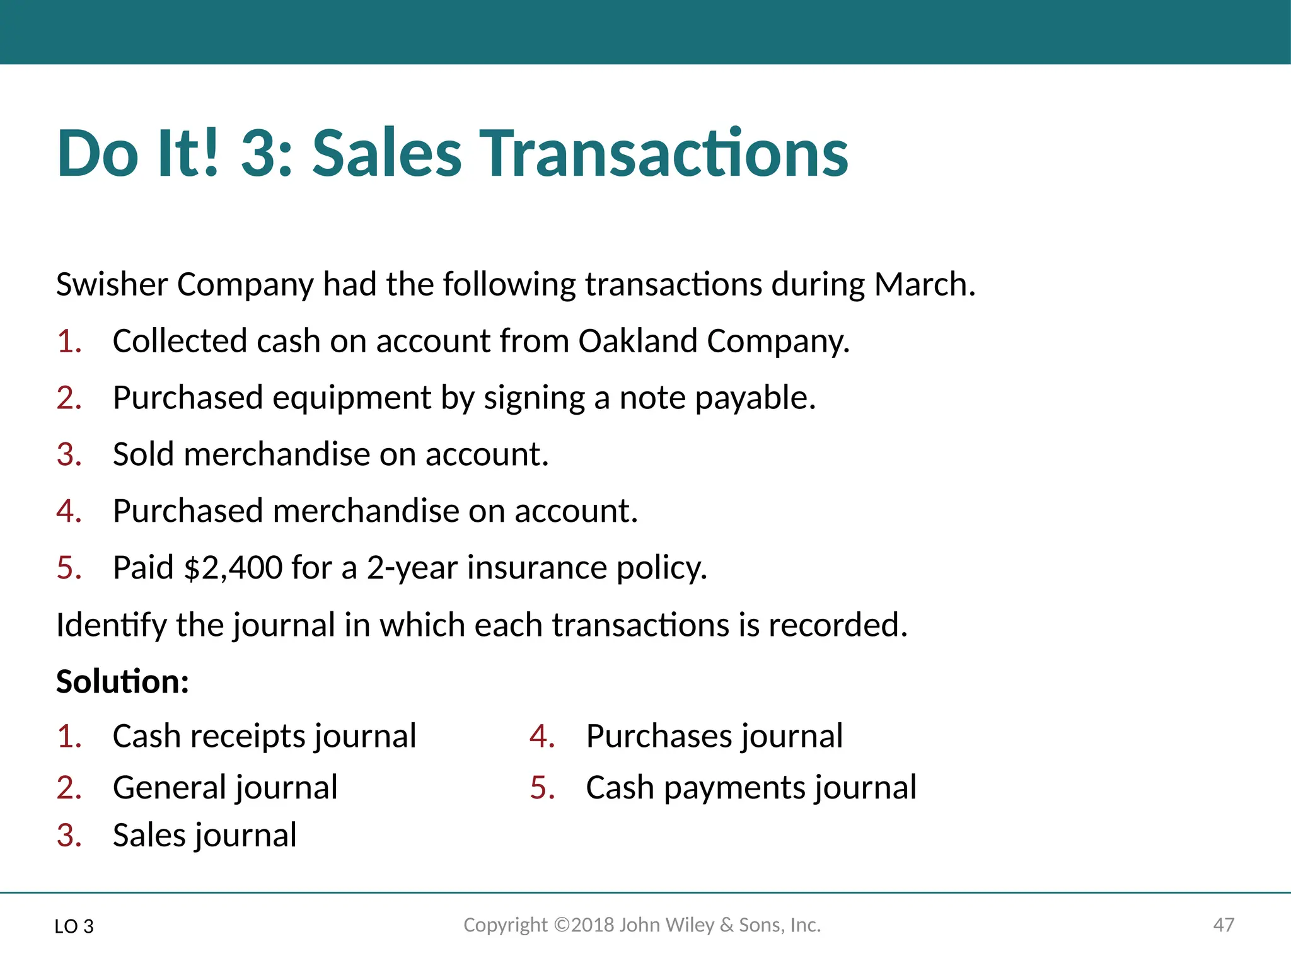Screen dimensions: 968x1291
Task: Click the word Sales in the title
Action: [x=387, y=153]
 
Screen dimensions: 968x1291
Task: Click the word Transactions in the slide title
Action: [x=666, y=153]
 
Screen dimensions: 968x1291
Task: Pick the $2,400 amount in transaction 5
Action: [x=233, y=568]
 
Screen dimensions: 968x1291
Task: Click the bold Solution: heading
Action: [x=122, y=682]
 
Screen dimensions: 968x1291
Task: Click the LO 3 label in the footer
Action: [x=74, y=926]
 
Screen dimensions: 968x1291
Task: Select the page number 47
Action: [x=1224, y=925]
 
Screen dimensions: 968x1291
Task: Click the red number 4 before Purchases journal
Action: [x=541, y=736]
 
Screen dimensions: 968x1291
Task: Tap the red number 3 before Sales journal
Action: [x=68, y=836]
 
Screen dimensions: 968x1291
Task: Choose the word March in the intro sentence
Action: [x=924, y=285]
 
